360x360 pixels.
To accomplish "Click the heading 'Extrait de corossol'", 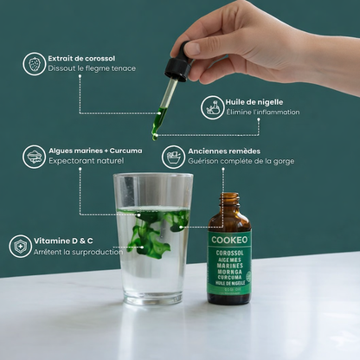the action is (x=81, y=59).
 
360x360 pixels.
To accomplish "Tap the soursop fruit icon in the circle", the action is (x=35, y=64).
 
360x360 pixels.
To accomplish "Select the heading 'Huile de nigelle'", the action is (x=254, y=102).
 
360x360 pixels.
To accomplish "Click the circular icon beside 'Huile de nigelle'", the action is (x=212, y=107).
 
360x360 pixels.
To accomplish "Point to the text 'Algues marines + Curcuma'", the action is (x=95, y=151).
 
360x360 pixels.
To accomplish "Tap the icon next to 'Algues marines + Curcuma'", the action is (x=34, y=157).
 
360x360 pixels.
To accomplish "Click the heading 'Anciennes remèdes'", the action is (x=224, y=151).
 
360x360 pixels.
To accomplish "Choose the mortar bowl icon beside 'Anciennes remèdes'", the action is (x=173, y=157).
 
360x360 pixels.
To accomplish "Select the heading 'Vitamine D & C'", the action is (x=63, y=241).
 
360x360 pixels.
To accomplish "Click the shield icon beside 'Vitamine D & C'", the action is (x=20, y=247).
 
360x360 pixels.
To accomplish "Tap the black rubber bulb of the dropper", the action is (x=180, y=59).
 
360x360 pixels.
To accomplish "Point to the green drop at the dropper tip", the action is (x=155, y=138).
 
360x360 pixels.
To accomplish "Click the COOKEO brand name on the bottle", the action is (x=229, y=240).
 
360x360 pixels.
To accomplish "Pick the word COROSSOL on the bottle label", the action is (x=229, y=254).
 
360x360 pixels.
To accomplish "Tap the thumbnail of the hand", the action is (x=192, y=48).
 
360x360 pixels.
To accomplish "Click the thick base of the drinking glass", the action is (x=152, y=299).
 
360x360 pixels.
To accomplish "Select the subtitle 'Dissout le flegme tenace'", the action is (x=92, y=68).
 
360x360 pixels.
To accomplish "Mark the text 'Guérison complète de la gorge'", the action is (x=241, y=161).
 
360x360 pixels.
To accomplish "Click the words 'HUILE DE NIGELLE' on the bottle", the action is (x=230, y=283).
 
